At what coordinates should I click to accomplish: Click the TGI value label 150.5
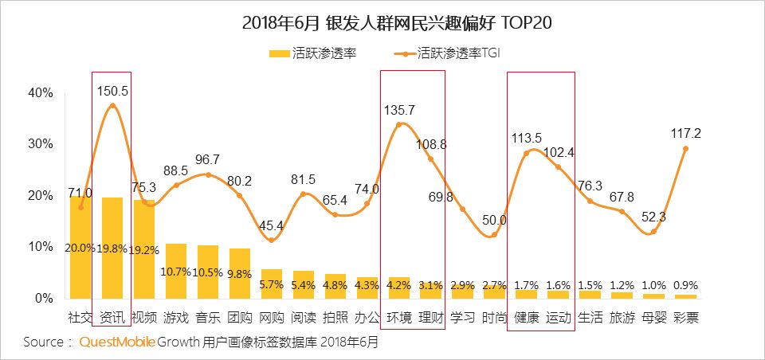112,91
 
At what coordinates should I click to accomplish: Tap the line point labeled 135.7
399,124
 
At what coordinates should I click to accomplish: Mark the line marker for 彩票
685,149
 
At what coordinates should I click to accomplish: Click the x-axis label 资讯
112,318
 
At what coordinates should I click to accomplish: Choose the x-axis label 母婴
653,318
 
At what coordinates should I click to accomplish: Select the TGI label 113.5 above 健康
527,137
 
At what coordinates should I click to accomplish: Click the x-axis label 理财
431,318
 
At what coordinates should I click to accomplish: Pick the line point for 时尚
494,234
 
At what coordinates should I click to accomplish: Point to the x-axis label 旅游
622,318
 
